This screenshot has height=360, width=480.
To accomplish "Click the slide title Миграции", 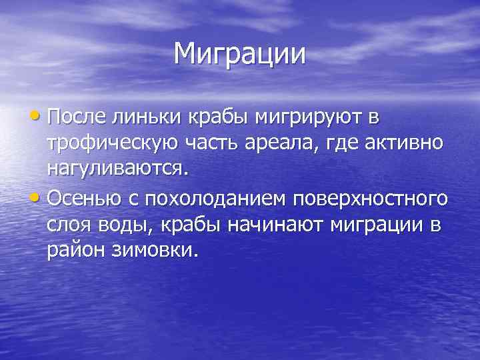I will click(x=240, y=54).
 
